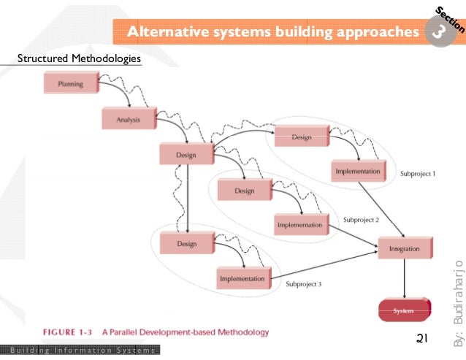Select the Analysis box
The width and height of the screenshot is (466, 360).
pyautogui.click(x=128, y=118)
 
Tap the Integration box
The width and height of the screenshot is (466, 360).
pyautogui.click(x=404, y=249)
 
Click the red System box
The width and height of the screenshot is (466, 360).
pyautogui.click(x=403, y=311)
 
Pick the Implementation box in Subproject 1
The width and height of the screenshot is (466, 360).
pyautogui.click(x=357, y=172)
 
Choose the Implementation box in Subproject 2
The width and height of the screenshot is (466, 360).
pyautogui.click(x=299, y=226)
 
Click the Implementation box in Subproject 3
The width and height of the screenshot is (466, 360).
pyautogui.click(x=241, y=278)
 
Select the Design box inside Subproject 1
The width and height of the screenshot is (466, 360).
pyautogui.click(x=301, y=137)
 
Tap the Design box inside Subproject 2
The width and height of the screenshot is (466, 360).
pyautogui.click(x=244, y=191)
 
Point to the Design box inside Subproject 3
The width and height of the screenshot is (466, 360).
pyautogui.click(x=186, y=244)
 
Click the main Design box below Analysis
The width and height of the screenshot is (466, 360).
pyautogui.click(x=186, y=154)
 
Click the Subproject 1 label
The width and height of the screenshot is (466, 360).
pyautogui.click(x=418, y=175)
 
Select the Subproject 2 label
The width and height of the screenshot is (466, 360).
pyautogui.click(x=361, y=219)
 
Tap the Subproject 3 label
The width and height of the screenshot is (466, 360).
pyautogui.click(x=303, y=283)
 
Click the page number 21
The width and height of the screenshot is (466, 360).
pyautogui.click(x=421, y=339)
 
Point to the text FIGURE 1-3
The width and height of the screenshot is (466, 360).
pyautogui.click(x=70, y=332)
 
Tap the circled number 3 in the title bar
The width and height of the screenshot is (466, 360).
pyautogui.click(x=441, y=32)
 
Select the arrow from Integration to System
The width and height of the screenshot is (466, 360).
pyautogui.click(x=404, y=280)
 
